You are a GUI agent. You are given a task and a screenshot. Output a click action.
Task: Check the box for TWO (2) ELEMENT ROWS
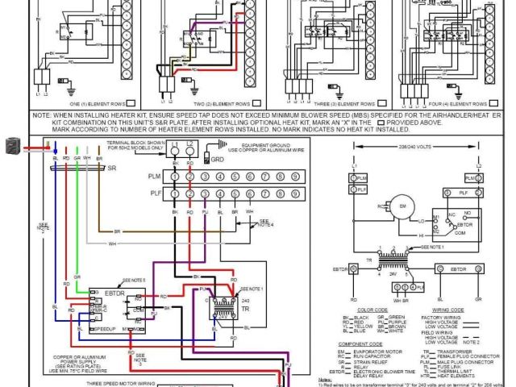256,103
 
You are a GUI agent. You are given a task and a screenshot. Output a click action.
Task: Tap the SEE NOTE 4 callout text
264,223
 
